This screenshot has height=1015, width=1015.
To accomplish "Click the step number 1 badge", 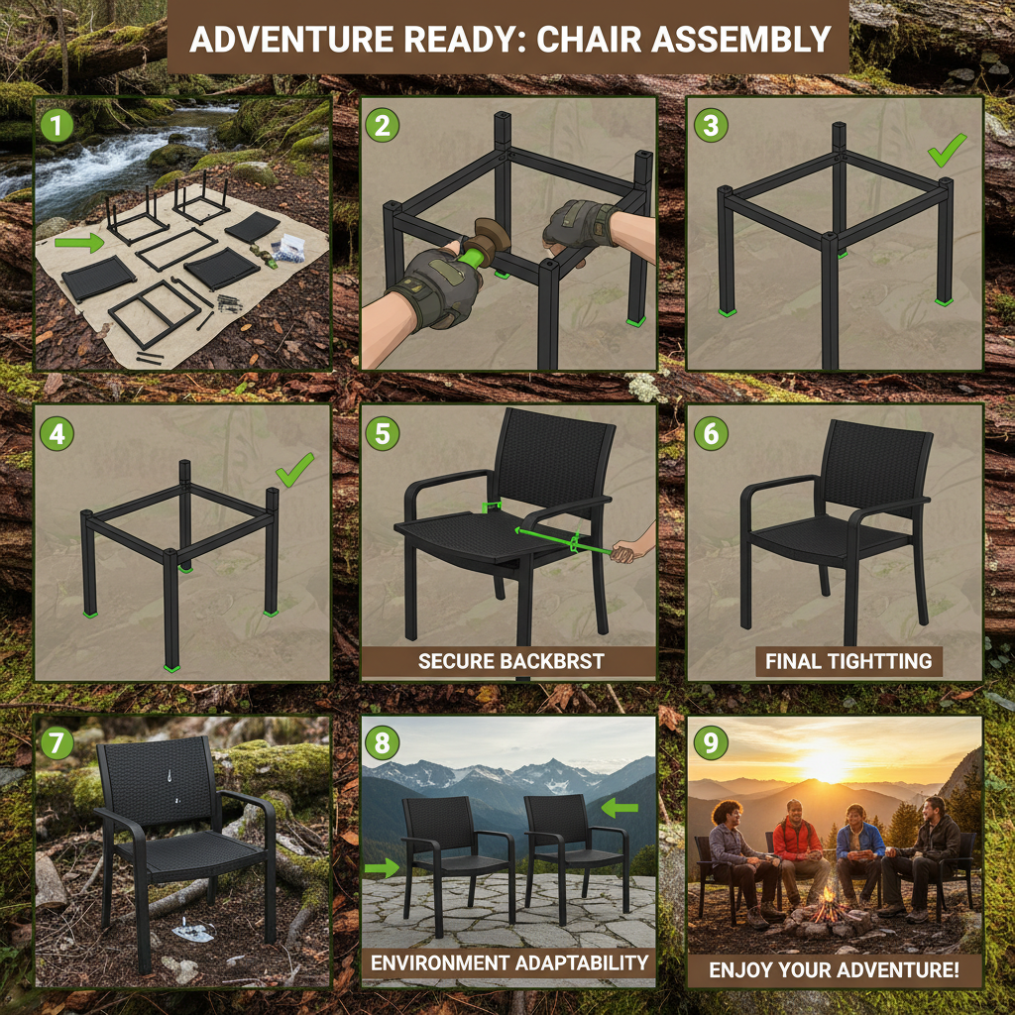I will pyautogui.click(x=57, y=126).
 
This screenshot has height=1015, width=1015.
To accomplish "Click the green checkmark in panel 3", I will pyautogui.click(x=947, y=151).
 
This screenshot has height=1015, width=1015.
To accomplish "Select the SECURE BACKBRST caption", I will pyautogui.click(x=510, y=661).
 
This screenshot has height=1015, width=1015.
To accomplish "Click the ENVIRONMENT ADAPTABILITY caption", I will pyautogui.click(x=509, y=961).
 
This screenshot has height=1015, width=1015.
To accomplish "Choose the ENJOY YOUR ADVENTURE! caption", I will pyautogui.click(x=834, y=969).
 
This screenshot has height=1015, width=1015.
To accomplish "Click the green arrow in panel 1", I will pyautogui.click(x=79, y=241).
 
